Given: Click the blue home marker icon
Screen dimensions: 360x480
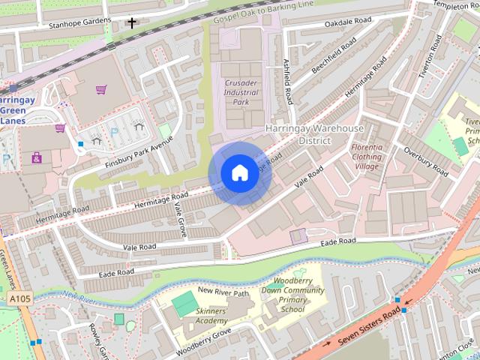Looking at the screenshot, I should tap(238, 173).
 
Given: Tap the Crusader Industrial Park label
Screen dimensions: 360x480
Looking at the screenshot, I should tap(240, 92).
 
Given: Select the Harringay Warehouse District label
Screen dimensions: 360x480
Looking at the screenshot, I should tap(314, 134).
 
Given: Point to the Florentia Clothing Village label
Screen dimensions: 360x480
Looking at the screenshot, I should tap(367, 157).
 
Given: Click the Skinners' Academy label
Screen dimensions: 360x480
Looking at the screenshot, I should tap(211, 316).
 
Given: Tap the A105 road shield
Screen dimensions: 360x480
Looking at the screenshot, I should tap(21, 299).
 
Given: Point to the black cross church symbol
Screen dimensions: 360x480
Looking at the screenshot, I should tap(132, 23).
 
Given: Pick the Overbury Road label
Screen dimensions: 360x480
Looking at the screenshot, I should tap(425, 162).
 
